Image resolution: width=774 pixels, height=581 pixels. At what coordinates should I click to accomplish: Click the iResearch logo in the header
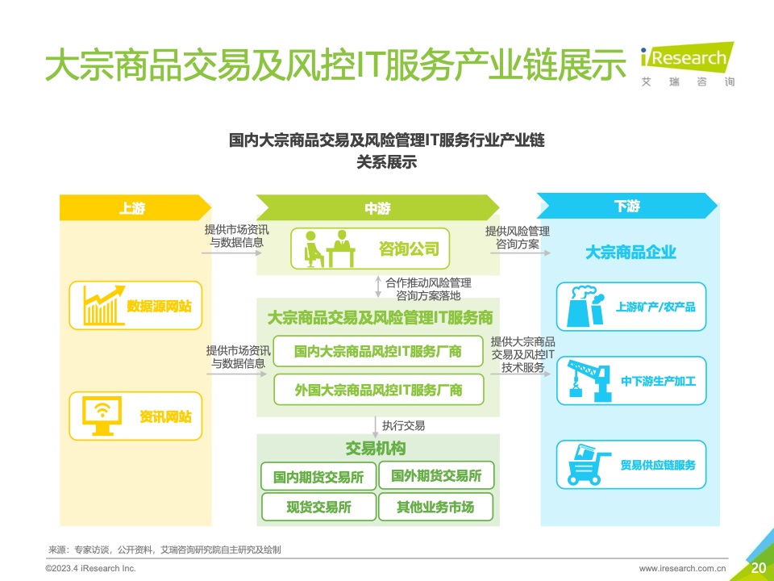[688, 65]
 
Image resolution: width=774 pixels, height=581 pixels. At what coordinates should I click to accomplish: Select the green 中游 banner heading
[377, 207]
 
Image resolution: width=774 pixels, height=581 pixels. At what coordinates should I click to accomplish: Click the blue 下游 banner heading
[627, 206]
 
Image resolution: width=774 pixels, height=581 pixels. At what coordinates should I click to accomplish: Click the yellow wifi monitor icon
[102, 416]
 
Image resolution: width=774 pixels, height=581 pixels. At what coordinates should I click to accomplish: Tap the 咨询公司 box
[370, 249]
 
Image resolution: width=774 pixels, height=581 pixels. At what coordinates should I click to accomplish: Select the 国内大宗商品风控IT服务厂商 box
[378, 351]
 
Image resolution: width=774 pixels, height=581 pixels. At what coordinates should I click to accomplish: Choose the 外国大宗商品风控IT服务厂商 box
[379, 390]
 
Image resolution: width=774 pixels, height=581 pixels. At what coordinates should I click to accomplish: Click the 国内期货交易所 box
[318, 476]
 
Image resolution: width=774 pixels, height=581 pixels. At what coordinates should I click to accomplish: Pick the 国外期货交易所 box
[436, 475]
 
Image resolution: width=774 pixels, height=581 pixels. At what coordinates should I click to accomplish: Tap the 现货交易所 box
[319, 507]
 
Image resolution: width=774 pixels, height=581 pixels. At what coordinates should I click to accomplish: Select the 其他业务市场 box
[436, 507]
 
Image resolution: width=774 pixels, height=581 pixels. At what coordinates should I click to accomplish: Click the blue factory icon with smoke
[585, 307]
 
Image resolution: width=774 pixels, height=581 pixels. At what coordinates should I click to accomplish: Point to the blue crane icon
[590, 380]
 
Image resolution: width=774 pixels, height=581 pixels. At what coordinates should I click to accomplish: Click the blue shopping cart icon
[589, 465]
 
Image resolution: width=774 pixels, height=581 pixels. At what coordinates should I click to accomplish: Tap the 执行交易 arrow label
[403, 425]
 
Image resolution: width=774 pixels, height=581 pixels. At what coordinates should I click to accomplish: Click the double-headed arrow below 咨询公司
[378, 286]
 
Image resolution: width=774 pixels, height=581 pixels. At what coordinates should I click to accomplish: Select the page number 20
[758, 567]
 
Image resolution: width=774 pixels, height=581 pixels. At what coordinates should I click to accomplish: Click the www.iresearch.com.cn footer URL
[683, 569]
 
